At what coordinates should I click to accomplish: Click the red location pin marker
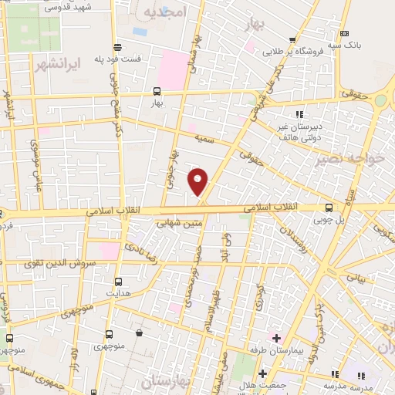(x=199, y=181)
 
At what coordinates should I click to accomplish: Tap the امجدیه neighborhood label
(x=167, y=13)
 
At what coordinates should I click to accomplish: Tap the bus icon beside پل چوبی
(x=330, y=207)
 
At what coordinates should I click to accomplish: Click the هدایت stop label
(x=118, y=295)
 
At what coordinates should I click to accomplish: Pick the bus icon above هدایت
(x=118, y=282)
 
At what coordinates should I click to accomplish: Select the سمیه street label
(x=204, y=139)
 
